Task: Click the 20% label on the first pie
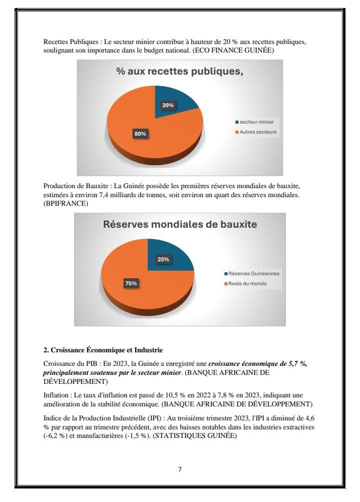(168, 105)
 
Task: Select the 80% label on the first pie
(140, 134)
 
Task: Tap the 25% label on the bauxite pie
(163, 259)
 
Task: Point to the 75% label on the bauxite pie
(131, 283)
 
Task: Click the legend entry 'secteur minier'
(256, 122)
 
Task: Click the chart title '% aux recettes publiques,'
(179, 72)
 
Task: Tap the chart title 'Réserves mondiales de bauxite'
(180, 224)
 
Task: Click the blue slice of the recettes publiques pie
(177, 100)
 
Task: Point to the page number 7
(180, 469)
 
